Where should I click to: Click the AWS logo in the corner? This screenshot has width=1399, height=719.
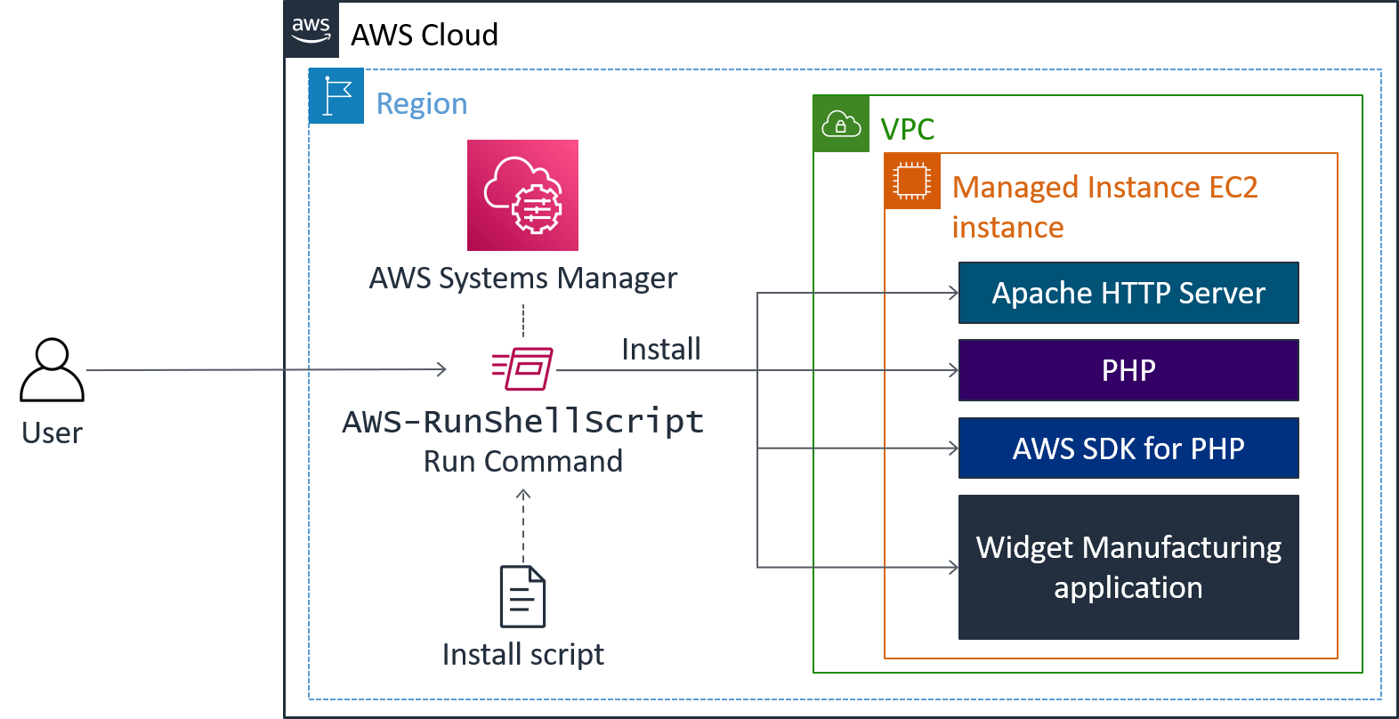coord(311,29)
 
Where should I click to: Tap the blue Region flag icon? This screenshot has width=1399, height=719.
coord(336,96)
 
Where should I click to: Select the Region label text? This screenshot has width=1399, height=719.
coord(422,104)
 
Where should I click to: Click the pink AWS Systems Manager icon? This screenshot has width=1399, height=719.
coord(522,195)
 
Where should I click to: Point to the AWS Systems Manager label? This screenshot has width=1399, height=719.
coord(523,279)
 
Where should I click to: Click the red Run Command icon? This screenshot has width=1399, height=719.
coord(523,369)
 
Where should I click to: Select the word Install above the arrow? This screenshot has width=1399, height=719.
coord(661,349)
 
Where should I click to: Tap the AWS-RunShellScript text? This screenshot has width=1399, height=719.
coord(523,421)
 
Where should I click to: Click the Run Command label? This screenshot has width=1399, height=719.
coord(523,461)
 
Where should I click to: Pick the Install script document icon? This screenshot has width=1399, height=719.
coord(522,596)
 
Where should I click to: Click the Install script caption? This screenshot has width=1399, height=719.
coord(523,655)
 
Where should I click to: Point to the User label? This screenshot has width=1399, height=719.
coord(52,433)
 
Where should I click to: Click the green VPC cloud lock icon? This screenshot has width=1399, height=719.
coord(841,124)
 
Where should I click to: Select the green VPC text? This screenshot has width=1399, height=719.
coord(908,130)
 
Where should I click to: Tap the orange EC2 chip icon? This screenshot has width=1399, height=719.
coord(912,181)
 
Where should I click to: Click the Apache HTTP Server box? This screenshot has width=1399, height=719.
coord(1128,293)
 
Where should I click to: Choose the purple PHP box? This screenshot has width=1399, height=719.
coord(1128,370)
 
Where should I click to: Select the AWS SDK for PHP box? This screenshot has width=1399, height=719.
coord(1128,448)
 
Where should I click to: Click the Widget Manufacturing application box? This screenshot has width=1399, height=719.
coord(1128,567)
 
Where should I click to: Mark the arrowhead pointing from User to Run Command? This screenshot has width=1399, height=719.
coord(442,369)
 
